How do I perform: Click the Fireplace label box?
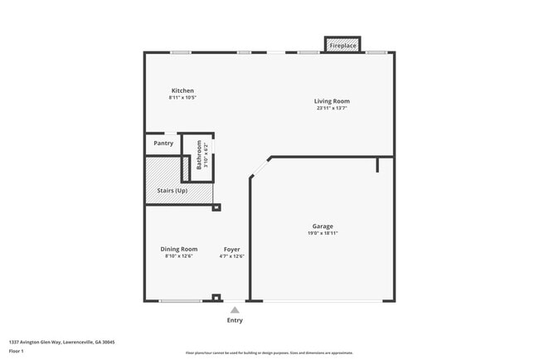coord(342,46)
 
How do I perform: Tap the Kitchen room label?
coord(182,90)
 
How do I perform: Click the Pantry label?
coord(163,144)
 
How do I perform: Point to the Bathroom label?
coord(199,155)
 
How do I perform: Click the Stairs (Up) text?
coord(172,191)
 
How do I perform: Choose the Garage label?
coord(323,226)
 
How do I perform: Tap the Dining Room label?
coord(178,249)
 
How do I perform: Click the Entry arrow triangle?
coord(235,309)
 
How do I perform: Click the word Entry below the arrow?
coord(235,320)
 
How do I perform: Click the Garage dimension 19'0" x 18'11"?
coord(323,233)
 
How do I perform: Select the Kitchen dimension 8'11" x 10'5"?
coord(182,97)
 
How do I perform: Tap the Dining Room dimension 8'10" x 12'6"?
coord(178,255)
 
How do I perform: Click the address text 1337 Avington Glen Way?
coord(62,342)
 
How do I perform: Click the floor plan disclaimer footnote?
coord(269,353)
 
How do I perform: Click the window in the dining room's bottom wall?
coord(180,300)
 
